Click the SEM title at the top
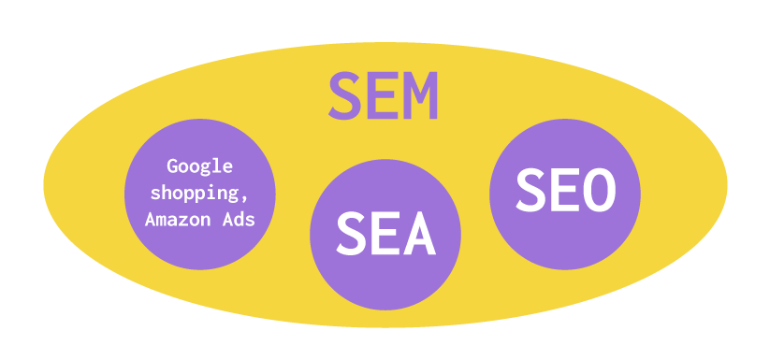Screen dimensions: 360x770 coord(384,96)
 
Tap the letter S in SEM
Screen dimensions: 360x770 coord(345,96)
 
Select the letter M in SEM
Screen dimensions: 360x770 coord(420,96)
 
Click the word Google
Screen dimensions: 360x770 coord(199,168)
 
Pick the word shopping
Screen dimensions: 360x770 coord(196,194)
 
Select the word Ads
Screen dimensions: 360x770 coord(240,218)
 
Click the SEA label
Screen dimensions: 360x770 coord(385,234)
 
